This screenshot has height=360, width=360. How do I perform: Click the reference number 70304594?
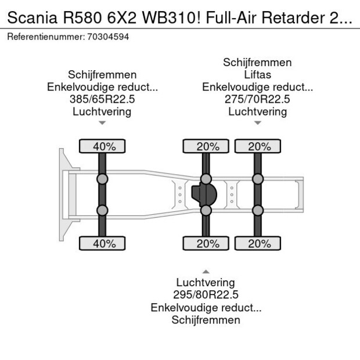(x=109, y=37)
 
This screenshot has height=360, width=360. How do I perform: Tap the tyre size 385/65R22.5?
(x=102, y=99)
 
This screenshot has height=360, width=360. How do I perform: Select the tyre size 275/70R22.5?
(x=257, y=99)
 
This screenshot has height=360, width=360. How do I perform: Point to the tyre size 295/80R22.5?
(x=206, y=294)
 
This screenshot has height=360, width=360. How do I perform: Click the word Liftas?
(x=257, y=75)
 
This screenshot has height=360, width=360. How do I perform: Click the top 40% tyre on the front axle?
(x=102, y=146)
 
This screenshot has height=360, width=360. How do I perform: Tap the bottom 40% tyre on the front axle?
(x=102, y=243)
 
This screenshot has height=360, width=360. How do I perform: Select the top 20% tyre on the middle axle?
(x=206, y=146)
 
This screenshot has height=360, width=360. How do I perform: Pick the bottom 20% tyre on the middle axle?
(x=206, y=243)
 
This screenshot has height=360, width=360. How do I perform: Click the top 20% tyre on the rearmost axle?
(x=257, y=146)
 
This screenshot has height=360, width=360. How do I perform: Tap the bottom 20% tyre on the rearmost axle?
(x=257, y=243)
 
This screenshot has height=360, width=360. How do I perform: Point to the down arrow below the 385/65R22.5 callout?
(x=102, y=123)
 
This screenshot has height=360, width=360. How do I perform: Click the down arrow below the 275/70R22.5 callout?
(x=257, y=123)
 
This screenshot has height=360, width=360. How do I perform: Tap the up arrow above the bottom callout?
(x=206, y=271)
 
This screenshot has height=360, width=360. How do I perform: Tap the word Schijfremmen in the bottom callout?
(x=206, y=319)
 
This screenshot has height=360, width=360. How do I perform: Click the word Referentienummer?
(x=44, y=37)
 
